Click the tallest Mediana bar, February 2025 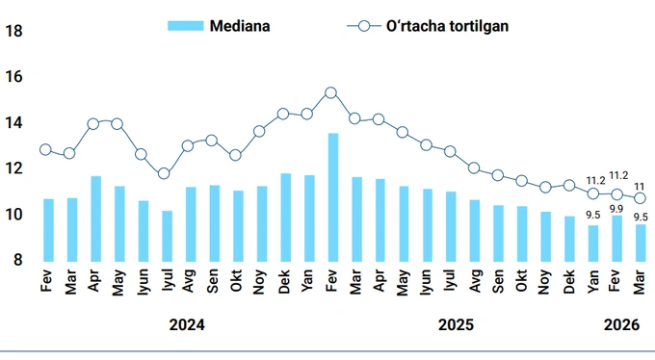332,196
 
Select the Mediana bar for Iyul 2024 167,235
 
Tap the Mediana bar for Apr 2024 95,218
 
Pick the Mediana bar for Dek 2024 285,217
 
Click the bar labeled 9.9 616,238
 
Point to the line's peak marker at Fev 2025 331,92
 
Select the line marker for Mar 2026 640,198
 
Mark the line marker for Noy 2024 259,131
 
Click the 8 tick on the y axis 17,260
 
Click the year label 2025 456,325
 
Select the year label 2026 621,325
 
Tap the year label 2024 186,325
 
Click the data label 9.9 616,208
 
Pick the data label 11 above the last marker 640,186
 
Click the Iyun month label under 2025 427,285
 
